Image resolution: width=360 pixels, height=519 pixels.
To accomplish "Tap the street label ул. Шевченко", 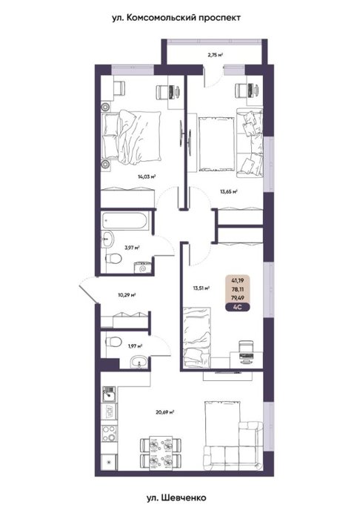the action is [176, 497].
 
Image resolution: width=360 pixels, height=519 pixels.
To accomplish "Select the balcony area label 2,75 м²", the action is [216, 55].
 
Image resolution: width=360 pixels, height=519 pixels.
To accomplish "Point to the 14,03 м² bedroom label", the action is [147, 176].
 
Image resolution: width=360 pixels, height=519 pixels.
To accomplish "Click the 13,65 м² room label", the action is [229, 191].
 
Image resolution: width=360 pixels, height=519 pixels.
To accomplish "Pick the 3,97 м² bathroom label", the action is [132, 247].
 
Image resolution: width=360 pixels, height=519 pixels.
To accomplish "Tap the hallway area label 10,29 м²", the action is [127, 294].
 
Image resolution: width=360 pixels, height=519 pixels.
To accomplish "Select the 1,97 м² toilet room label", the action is [136, 346].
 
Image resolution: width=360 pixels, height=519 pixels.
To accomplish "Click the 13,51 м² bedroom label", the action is [201, 288].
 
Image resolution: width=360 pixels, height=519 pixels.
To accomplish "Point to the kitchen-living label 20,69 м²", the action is [165, 412].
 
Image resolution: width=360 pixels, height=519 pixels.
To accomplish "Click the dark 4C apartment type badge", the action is [237, 307].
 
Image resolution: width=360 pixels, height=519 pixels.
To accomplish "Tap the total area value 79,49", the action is [237, 298].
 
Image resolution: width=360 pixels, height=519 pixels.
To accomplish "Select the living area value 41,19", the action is [237, 280].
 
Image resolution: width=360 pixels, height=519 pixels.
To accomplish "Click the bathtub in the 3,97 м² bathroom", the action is [125, 220].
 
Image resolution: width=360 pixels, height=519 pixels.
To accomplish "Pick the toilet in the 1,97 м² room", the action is [114, 341].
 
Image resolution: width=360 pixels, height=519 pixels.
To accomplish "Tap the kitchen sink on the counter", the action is [109, 394].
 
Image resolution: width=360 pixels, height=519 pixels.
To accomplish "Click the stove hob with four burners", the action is [109, 434].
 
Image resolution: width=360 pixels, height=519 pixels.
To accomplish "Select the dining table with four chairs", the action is [161, 453].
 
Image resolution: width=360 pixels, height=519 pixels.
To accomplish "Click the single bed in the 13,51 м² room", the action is [197, 337].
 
